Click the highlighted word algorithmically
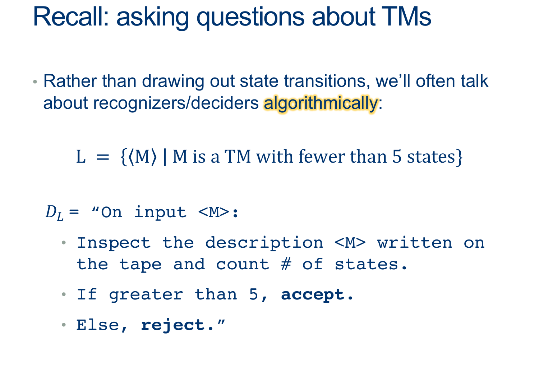321,104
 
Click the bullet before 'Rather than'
35,82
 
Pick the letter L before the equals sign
81,157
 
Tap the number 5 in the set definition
397,157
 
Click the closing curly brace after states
459,157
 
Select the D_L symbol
54,213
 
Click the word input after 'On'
160,213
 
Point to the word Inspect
114,243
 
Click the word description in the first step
264,243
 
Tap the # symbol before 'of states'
286,264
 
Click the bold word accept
313,295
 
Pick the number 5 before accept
254,294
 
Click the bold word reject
173,325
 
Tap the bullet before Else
64,325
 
